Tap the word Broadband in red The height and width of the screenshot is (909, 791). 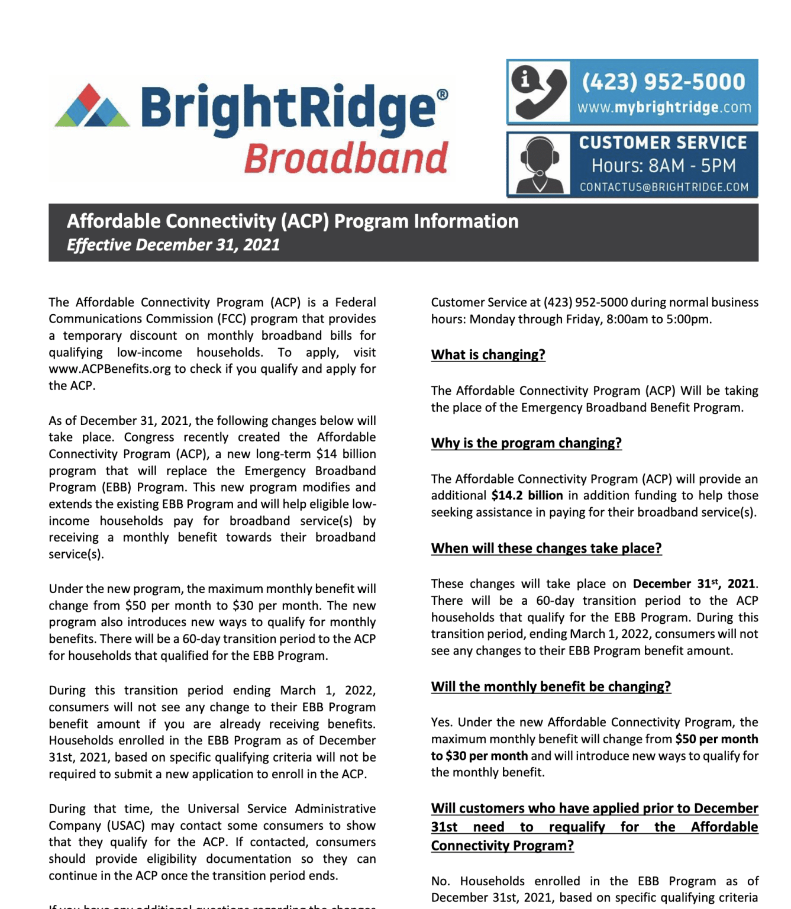point(346,158)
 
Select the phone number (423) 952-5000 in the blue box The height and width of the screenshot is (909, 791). point(663,82)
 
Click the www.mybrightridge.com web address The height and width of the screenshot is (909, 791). point(664,108)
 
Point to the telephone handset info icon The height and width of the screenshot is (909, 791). point(538,92)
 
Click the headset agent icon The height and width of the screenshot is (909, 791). point(539,165)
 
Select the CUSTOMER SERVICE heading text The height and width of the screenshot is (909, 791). point(663,143)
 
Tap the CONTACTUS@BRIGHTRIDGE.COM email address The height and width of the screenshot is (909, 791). point(664,187)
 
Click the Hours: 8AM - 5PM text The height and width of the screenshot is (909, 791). point(663,166)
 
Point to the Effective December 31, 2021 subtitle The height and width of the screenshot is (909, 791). point(173,245)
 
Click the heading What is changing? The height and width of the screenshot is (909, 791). point(488,354)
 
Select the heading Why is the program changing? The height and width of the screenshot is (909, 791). point(526,443)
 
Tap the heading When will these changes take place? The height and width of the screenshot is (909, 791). point(546,548)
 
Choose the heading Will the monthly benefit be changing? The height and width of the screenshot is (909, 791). point(551,686)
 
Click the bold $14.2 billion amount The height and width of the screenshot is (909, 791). point(527,495)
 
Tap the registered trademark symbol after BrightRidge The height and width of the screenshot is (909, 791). point(442,94)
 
